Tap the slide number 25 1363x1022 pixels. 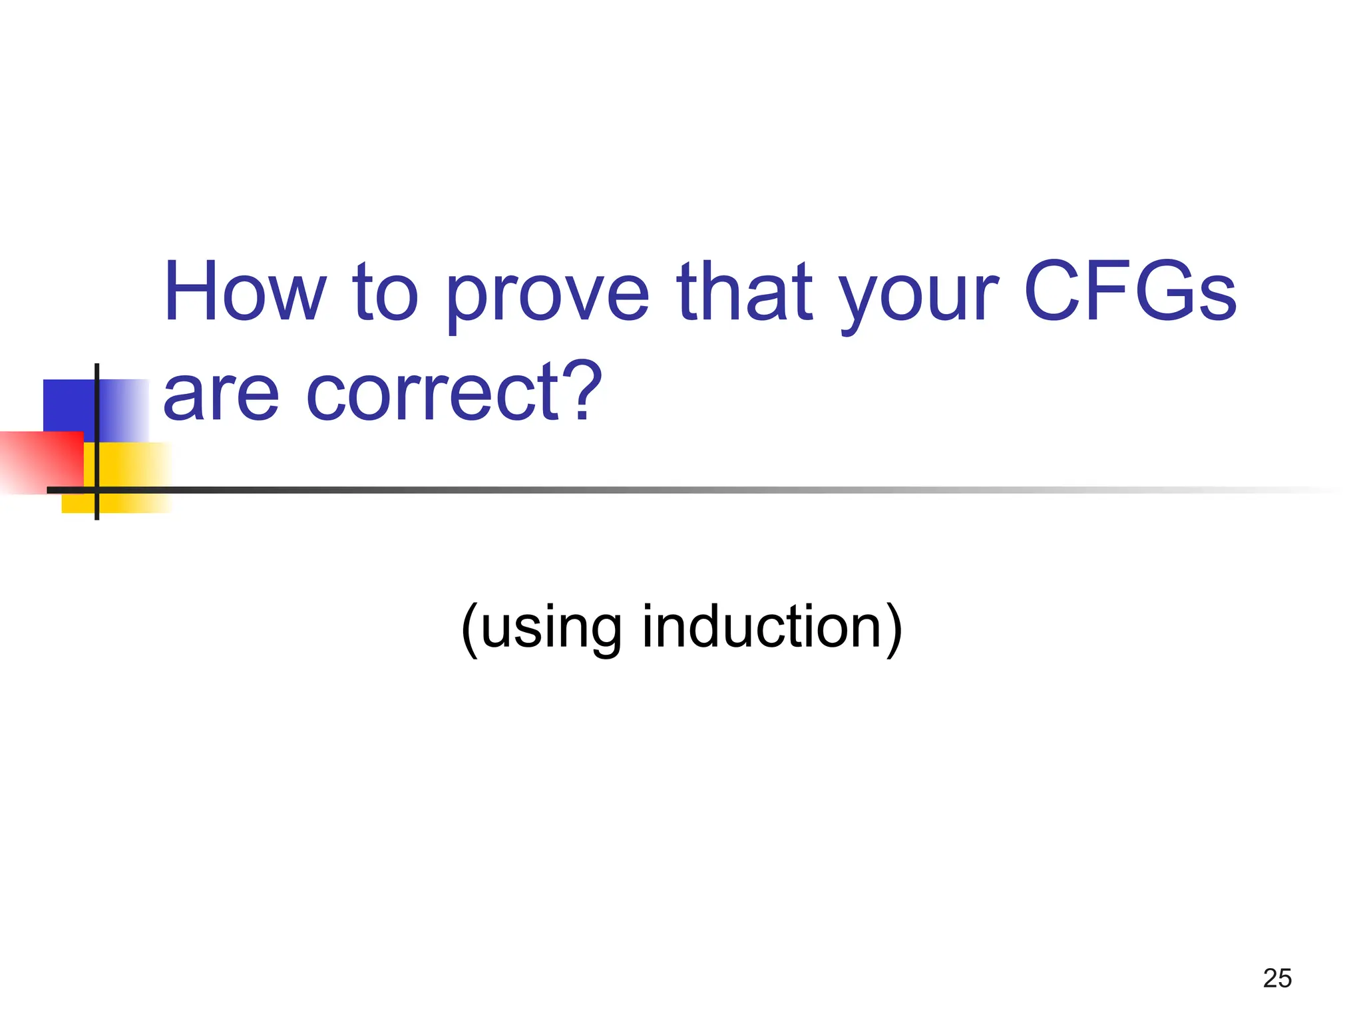pos(1277,979)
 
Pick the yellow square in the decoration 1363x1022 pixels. pos(133,466)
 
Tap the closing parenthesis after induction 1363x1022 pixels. pos(894,628)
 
